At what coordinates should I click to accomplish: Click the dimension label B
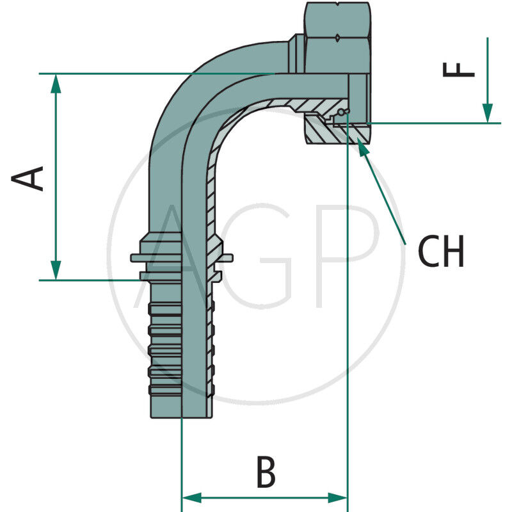pos(265,473)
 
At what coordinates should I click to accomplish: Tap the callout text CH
pos(441,252)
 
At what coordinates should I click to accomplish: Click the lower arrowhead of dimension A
pos(56,271)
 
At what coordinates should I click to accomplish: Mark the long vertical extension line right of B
pos(347,320)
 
